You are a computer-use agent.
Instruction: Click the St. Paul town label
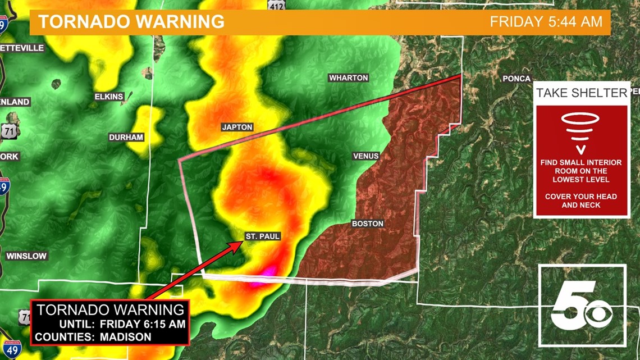[x=262, y=236]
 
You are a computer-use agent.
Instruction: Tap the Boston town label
[x=368, y=224]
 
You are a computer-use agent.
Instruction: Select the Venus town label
[x=365, y=156]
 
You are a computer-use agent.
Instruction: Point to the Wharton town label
[x=348, y=78]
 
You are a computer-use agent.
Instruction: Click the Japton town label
[x=237, y=127]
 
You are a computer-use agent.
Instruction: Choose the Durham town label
[x=126, y=137]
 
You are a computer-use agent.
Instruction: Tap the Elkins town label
[x=109, y=97]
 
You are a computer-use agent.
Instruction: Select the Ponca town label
[x=516, y=79]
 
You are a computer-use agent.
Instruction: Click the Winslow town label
[x=26, y=256]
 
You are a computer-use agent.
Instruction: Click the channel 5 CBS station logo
[x=582, y=306]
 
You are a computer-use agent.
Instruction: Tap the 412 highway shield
[x=276, y=4]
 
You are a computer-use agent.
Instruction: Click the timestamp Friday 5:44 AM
[x=546, y=22]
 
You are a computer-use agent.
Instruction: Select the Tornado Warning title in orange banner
[x=131, y=22]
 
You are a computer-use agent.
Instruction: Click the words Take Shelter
[x=581, y=93]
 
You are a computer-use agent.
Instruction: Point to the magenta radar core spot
[x=268, y=272]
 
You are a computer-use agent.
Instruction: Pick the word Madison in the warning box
[x=126, y=337]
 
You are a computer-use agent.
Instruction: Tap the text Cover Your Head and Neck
[x=580, y=200]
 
